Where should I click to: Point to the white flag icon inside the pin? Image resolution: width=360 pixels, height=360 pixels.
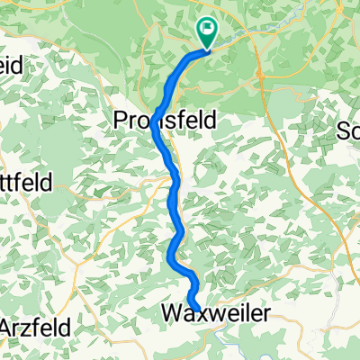tap(208, 30)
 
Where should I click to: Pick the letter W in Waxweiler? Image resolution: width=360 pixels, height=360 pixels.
tap(171, 312)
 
